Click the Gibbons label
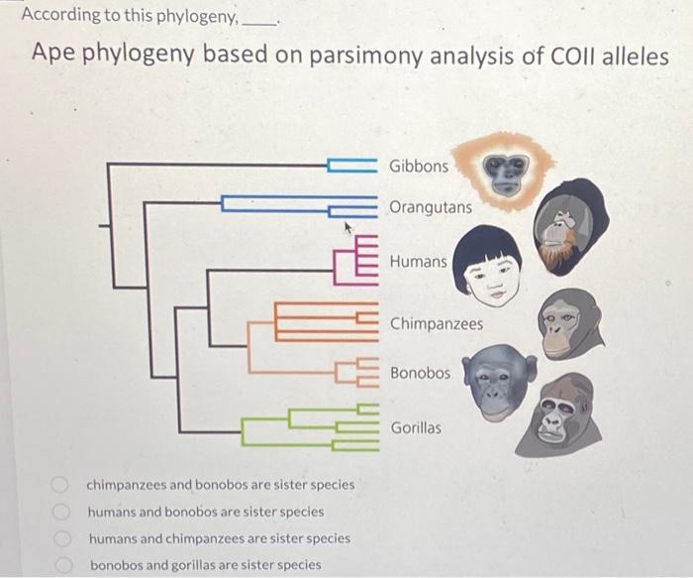tap(418, 166)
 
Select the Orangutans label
tap(430, 208)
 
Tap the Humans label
tap(418, 262)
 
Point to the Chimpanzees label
tap(436, 324)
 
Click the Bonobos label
tap(420, 374)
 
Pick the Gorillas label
tap(416, 428)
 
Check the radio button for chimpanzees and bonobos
tap(61, 486)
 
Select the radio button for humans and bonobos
tap(61, 513)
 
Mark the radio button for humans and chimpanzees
tap(61, 539)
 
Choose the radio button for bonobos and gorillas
tap(61, 565)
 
